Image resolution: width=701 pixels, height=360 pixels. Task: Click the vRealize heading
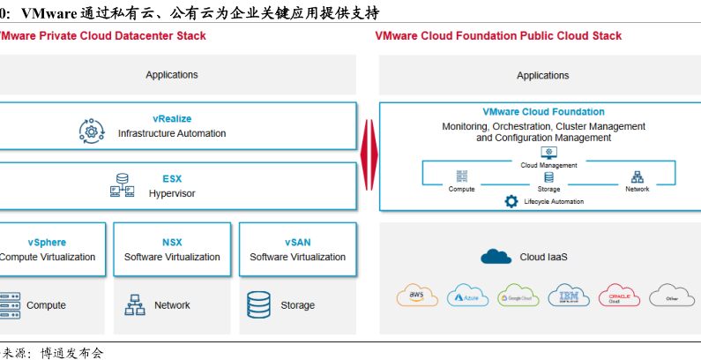(172, 118)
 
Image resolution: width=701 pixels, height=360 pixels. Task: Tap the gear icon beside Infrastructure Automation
(92, 132)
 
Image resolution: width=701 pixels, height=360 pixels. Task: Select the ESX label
(172, 178)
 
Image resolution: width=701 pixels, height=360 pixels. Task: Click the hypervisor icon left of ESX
(121, 186)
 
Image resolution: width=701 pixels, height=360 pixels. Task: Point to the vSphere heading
(46, 242)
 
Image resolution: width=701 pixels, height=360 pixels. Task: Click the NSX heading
(172, 242)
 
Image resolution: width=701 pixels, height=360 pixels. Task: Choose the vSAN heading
(298, 242)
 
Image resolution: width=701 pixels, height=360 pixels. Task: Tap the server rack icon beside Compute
(10, 304)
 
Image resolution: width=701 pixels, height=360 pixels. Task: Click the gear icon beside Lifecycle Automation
(511, 201)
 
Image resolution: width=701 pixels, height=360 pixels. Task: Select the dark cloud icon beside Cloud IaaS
(496, 257)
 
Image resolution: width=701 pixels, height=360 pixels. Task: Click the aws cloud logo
(416, 296)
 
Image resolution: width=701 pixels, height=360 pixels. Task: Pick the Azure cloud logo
(467, 296)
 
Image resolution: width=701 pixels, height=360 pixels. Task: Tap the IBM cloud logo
(569, 296)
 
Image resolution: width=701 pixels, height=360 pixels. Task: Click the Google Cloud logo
(518, 296)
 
